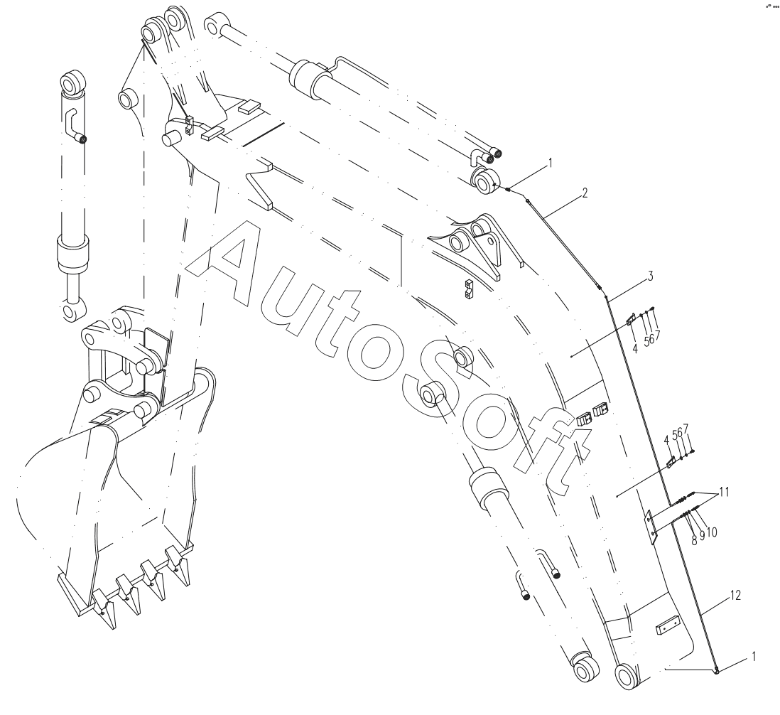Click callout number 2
pyautogui.click(x=585, y=193)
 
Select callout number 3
pyautogui.click(x=650, y=276)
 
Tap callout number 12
pyautogui.click(x=736, y=595)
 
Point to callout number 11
pyautogui.click(x=725, y=492)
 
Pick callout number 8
pyautogui.click(x=694, y=540)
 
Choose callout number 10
pyautogui.click(x=711, y=532)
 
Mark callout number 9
pyautogui.click(x=702, y=535)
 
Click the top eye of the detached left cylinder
pyautogui.click(x=74, y=82)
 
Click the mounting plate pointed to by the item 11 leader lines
pyautogui.click(x=651, y=527)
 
